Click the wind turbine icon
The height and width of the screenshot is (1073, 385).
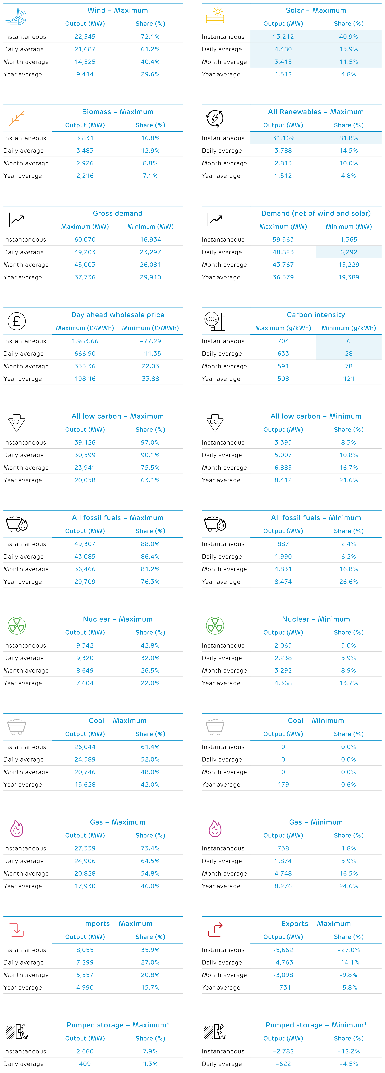tap(17, 17)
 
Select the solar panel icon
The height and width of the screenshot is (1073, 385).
tap(215, 17)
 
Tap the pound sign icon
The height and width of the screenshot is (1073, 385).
tap(17, 321)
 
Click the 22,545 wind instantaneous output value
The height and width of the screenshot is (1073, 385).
tap(85, 37)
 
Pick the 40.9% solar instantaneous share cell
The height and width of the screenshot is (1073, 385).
tap(348, 37)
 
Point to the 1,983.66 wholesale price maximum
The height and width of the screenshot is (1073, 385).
tap(85, 341)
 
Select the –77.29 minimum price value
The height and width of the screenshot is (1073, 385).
tap(150, 341)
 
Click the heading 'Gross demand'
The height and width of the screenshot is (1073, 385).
tap(117, 213)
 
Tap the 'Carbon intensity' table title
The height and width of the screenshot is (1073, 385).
tap(316, 315)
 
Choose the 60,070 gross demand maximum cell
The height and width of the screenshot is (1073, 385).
tap(85, 239)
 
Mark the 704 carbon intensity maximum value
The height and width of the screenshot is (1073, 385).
tap(283, 341)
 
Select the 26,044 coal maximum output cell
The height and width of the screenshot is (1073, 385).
tap(85, 747)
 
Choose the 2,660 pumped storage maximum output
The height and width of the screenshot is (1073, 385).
tap(85, 1051)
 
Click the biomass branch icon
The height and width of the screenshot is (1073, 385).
tap(17, 118)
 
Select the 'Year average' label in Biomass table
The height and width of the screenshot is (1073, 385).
tap(23, 176)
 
